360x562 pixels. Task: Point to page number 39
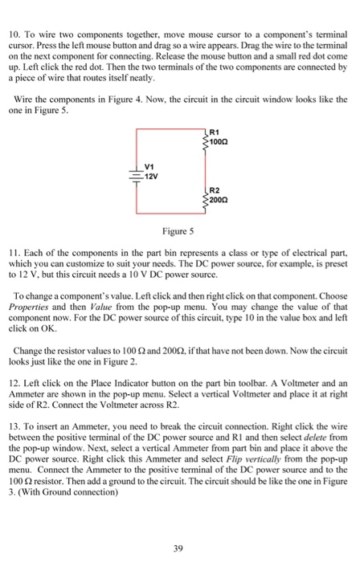(179, 526)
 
